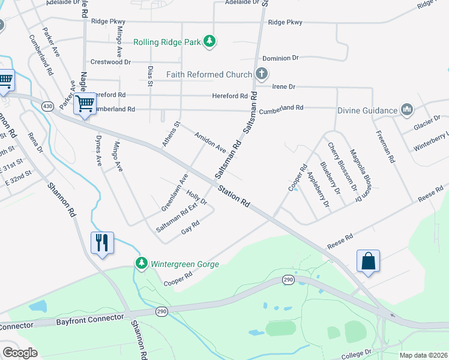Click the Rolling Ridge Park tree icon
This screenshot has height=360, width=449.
(x=209, y=41)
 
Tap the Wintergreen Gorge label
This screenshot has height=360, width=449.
(x=184, y=264)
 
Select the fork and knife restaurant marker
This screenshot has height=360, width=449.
(x=101, y=242)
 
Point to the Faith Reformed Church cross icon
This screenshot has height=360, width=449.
(x=261, y=74)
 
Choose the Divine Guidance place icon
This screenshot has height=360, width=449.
(x=408, y=110)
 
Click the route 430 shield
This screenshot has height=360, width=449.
(x=48, y=106)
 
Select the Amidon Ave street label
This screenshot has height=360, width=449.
(x=209, y=142)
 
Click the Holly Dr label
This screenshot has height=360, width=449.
(x=196, y=197)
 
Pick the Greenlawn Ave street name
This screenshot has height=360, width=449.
(x=174, y=192)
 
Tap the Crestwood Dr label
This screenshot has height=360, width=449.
(x=110, y=62)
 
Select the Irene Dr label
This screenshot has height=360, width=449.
(x=284, y=87)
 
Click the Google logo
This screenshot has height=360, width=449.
(x=20, y=352)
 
